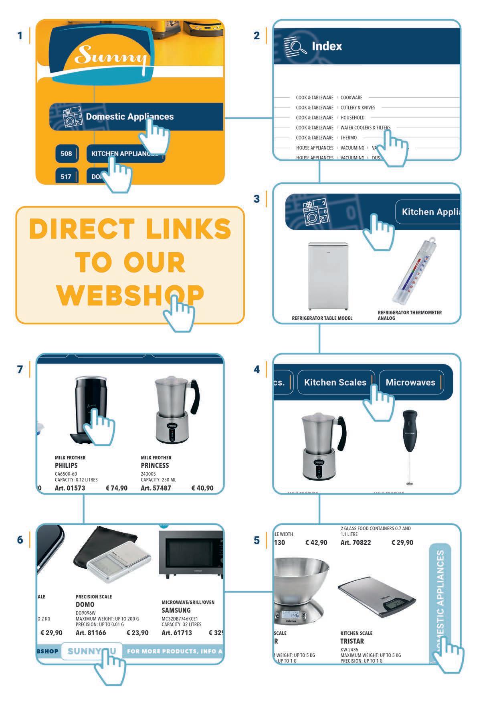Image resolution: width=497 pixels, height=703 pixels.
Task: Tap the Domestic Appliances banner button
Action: pyautogui.click(x=129, y=117)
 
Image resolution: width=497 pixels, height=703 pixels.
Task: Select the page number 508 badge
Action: pyautogui.click(x=66, y=154)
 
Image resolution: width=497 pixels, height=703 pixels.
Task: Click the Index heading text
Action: pyautogui.click(x=327, y=46)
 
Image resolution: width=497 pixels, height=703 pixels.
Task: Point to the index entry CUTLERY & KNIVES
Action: pyautogui.click(x=358, y=107)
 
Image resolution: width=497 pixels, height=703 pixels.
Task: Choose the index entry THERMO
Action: pyautogui.click(x=348, y=137)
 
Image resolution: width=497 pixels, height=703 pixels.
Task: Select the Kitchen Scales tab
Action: pyautogui.click(x=335, y=382)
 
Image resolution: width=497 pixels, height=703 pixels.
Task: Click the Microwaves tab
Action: pyautogui.click(x=410, y=382)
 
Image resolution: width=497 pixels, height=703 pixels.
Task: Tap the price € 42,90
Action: pyautogui.click(x=316, y=543)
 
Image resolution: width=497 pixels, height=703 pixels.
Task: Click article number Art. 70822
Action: pyautogui.click(x=356, y=543)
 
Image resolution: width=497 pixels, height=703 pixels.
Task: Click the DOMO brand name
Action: pyautogui.click(x=85, y=604)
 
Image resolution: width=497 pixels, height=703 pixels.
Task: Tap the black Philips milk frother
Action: pyautogui.click(x=91, y=409)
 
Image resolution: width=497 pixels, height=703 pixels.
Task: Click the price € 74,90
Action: pyautogui.click(x=117, y=488)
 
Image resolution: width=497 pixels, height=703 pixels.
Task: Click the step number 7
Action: pyautogui.click(x=20, y=369)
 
